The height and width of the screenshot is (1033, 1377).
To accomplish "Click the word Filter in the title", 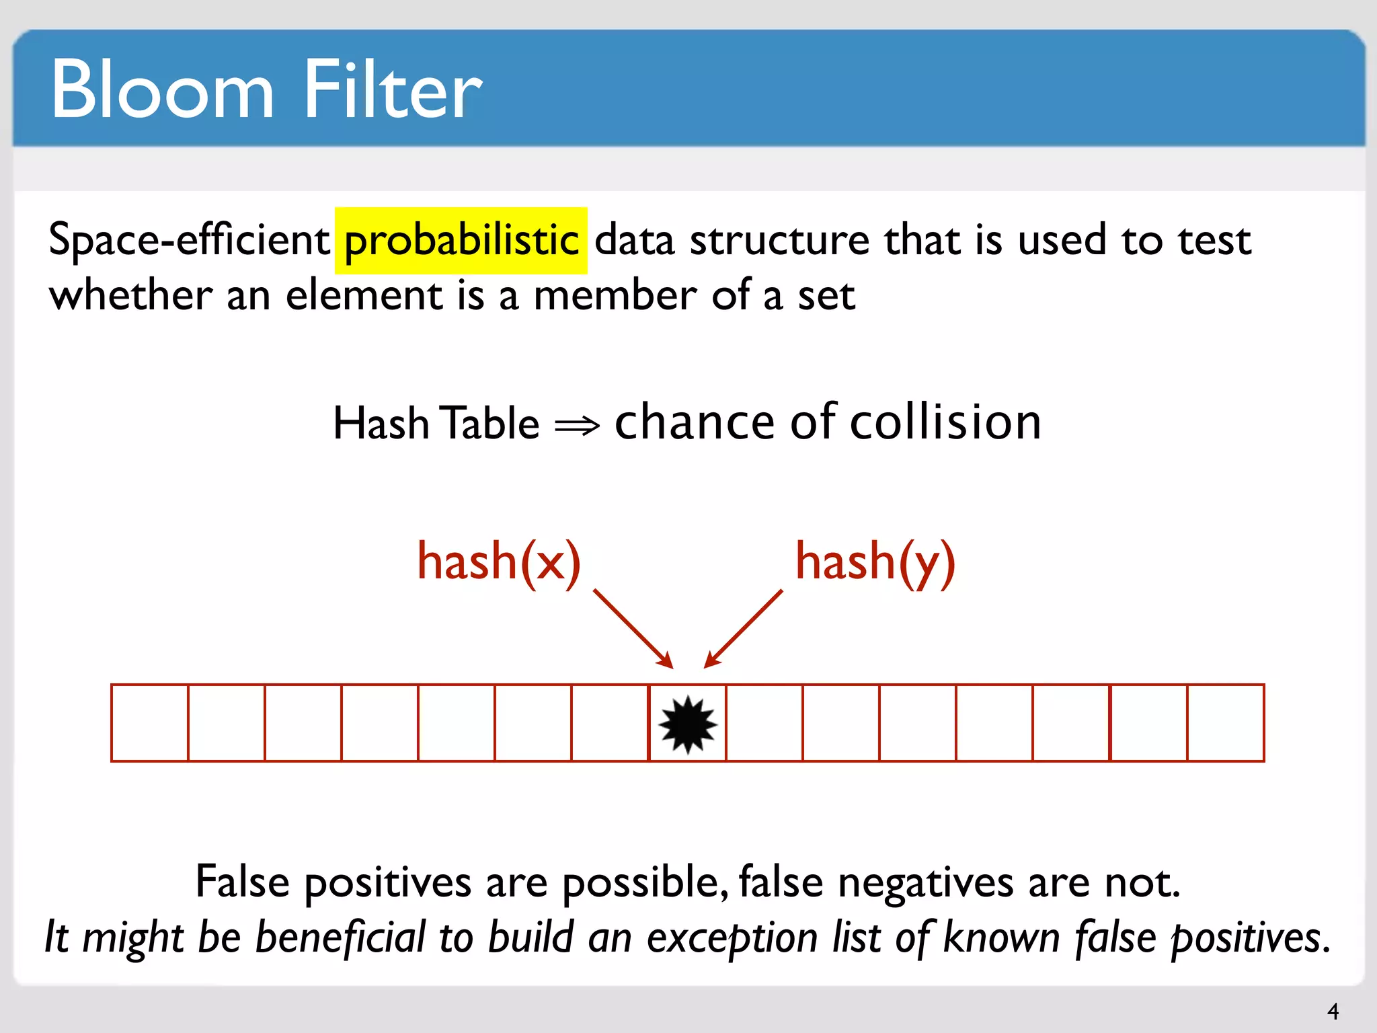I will point(393,89).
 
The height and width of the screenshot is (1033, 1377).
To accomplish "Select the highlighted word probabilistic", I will point(461,241).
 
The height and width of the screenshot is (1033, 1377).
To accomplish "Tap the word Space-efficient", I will point(189,239).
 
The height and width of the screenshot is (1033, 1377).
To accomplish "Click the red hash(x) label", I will point(498,562).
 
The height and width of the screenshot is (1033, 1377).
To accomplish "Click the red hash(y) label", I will point(875,563).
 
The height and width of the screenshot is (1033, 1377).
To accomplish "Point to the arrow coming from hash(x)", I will point(632,628).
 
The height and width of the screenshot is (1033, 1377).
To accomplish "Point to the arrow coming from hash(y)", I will point(744,628).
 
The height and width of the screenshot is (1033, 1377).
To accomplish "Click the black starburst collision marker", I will point(687,724).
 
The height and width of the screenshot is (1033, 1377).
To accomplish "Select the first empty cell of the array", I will point(150,723).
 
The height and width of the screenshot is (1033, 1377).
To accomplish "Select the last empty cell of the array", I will point(1225,723).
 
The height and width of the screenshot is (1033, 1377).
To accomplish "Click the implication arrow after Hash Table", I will point(577,425).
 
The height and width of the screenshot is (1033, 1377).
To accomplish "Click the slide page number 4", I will point(1333,1011).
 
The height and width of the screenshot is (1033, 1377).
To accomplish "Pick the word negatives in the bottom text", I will point(925,882).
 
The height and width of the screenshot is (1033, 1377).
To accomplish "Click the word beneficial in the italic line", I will point(340,937).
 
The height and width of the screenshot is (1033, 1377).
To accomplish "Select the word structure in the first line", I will point(779,241).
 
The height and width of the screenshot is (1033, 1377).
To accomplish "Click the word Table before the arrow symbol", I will point(492,424).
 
